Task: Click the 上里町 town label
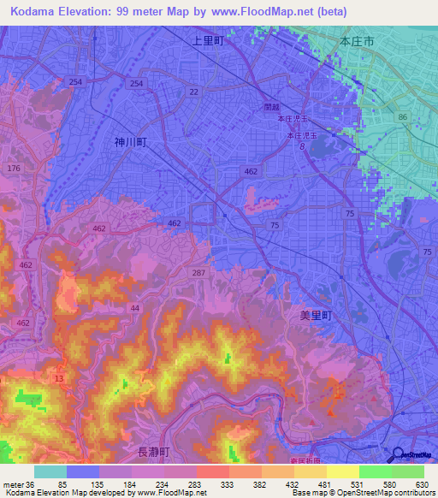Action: (x=208, y=40)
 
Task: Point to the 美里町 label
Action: (x=315, y=315)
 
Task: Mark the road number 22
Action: (x=194, y=92)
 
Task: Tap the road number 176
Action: (x=13, y=169)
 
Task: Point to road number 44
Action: (x=134, y=307)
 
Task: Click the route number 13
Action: (x=58, y=378)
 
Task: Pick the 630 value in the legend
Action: (x=420, y=483)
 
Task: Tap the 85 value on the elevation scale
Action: (x=62, y=483)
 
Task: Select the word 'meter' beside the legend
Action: (x=12, y=483)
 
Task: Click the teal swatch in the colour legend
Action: (x=50, y=471)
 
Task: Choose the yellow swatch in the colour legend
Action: (x=342, y=471)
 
